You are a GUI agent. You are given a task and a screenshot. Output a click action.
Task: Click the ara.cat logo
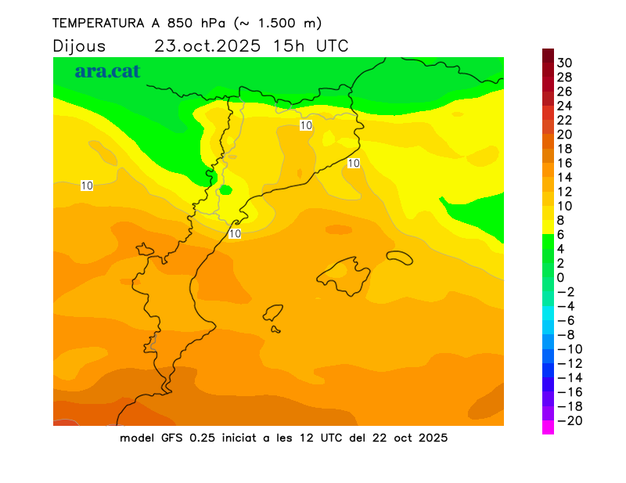coord(107,71)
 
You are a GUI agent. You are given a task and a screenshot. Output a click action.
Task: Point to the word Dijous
coord(78,45)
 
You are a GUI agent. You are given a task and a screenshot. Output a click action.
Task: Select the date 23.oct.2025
coord(207,45)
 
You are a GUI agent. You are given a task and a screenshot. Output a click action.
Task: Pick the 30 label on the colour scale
coord(565,63)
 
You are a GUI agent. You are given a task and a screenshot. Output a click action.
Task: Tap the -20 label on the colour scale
coord(567,421)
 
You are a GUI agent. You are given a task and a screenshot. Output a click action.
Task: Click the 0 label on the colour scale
coord(560,278)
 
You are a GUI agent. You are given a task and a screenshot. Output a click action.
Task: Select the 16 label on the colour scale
coord(565,163)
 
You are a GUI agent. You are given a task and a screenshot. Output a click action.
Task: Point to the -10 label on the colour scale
coord(567,349)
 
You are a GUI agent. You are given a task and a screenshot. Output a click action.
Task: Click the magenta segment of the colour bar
coord(548,427)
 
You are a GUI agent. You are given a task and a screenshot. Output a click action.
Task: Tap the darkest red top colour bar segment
coord(548,56)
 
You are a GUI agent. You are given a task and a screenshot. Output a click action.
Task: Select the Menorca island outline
coord(399,256)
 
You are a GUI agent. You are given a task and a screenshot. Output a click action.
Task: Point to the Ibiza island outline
coord(273,313)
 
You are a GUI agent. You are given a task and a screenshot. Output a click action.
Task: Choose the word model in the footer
coord(137,438)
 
